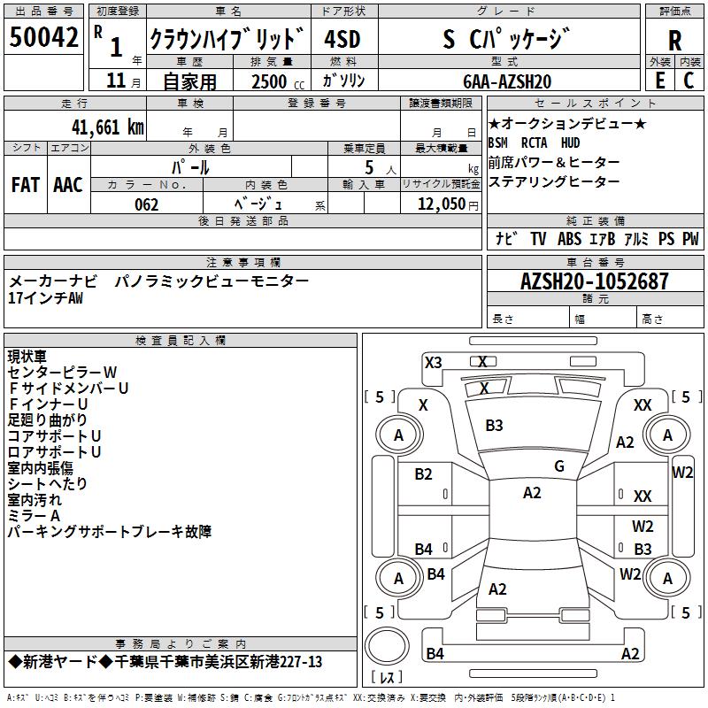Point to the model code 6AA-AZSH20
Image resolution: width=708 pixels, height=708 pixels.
tap(507, 81)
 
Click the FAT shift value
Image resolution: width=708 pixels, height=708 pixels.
tap(26, 185)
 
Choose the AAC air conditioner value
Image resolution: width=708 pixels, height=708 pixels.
tap(68, 185)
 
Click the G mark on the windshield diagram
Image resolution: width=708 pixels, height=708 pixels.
tap(559, 466)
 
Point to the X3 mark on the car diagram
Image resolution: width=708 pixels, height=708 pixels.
tap(433, 362)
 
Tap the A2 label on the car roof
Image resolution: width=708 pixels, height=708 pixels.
tap(532, 493)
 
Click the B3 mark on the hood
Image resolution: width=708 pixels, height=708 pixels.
tap(494, 426)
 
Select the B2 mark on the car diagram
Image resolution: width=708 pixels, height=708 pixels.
tap(423, 474)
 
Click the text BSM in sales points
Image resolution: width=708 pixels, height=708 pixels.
tap(499, 142)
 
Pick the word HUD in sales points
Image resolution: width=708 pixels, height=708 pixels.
tap(571, 142)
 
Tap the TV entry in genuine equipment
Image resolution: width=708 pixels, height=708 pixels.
tap(538, 239)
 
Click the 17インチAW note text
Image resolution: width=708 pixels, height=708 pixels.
tap(46, 298)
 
